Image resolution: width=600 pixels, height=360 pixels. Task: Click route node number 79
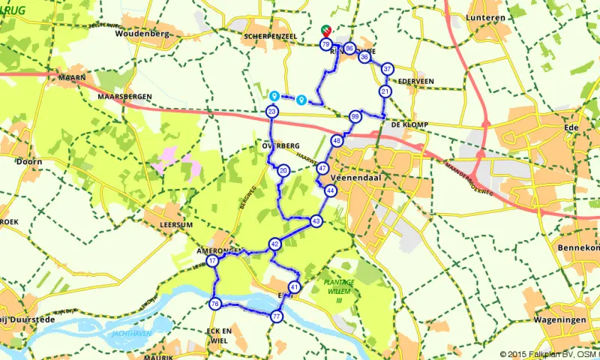click(x=325, y=45)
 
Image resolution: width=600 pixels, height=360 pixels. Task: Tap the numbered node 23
click(x=272, y=112)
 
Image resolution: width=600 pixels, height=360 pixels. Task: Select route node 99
click(x=355, y=117)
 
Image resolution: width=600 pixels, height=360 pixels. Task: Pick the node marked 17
click(x=213, y=261)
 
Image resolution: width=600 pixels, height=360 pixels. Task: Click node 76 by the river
click(x=215, y=304)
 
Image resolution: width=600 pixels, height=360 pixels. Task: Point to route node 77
click(x=277, y=317)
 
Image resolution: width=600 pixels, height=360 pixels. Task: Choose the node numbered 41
click(x=294, y=287)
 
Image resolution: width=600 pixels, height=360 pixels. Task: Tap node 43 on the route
click(x=316, y=221)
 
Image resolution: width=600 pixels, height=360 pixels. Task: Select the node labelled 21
click(x=385, y=91)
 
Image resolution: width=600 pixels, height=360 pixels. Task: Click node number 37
click(x=387, y=69)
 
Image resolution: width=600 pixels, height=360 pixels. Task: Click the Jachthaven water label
click(x=130, y=333)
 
